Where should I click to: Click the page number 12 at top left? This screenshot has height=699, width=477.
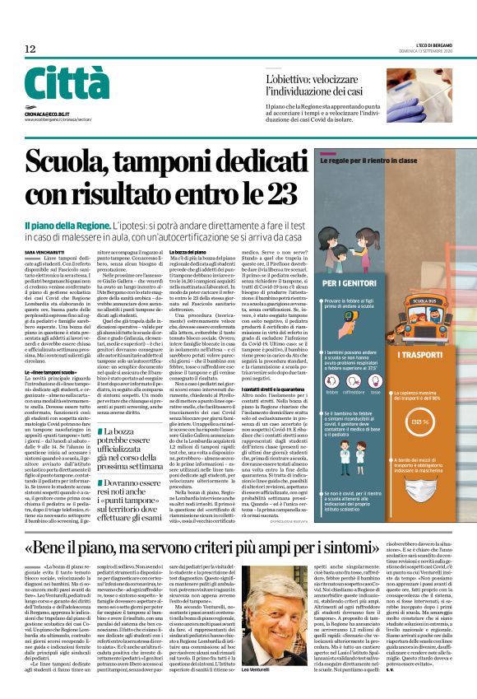(30, 49)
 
